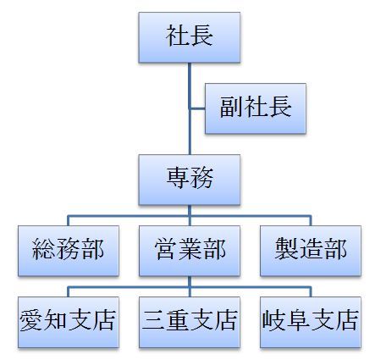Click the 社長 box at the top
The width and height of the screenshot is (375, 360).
pyautogui.click(x=190, y=37)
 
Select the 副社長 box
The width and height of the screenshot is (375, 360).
pyautogui.click(x=256, y=108)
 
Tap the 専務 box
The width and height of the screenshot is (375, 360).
pyautogui.click(x=190, y=180)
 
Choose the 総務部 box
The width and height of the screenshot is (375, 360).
pyautogui.click(x=69, y=251)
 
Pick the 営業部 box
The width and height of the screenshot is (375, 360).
pyautogui.click(x=190, y=251)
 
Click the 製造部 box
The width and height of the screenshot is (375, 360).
pyautogui.click(x=311, y=251)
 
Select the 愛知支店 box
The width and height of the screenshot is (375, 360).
pyautogui.click(x=69, y=322)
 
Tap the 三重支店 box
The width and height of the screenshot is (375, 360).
pyautogui.click(x=190, y=322)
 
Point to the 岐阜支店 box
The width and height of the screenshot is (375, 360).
pyautogui.click(x=311, y=322)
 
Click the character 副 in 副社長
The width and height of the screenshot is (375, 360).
pyautogui.click(x=231, y=107)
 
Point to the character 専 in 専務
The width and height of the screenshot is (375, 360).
pyautogui.click(x=178, y=178)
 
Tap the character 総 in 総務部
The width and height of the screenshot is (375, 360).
pyautogui.click(x=44, y=249)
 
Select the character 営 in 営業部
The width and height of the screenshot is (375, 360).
pyautogui.click(x=165, y=249)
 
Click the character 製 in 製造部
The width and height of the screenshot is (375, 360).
pyautogui.click(x=287, y=249)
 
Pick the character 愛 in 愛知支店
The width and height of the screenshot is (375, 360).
pyautogui.click(x=31, y=320)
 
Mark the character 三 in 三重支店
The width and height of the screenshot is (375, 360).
pyautogui.click(x=153, y=320)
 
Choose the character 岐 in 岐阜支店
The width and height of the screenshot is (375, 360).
pyautogui.click(x=273, y=320)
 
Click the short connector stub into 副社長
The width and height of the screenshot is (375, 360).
pyautogui.click(x=198, y=108)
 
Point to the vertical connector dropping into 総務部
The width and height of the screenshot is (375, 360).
pyautogui.click(x=69, y=221)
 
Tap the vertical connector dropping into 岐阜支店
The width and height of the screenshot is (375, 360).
pyautogui.click(x=311, y=292)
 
